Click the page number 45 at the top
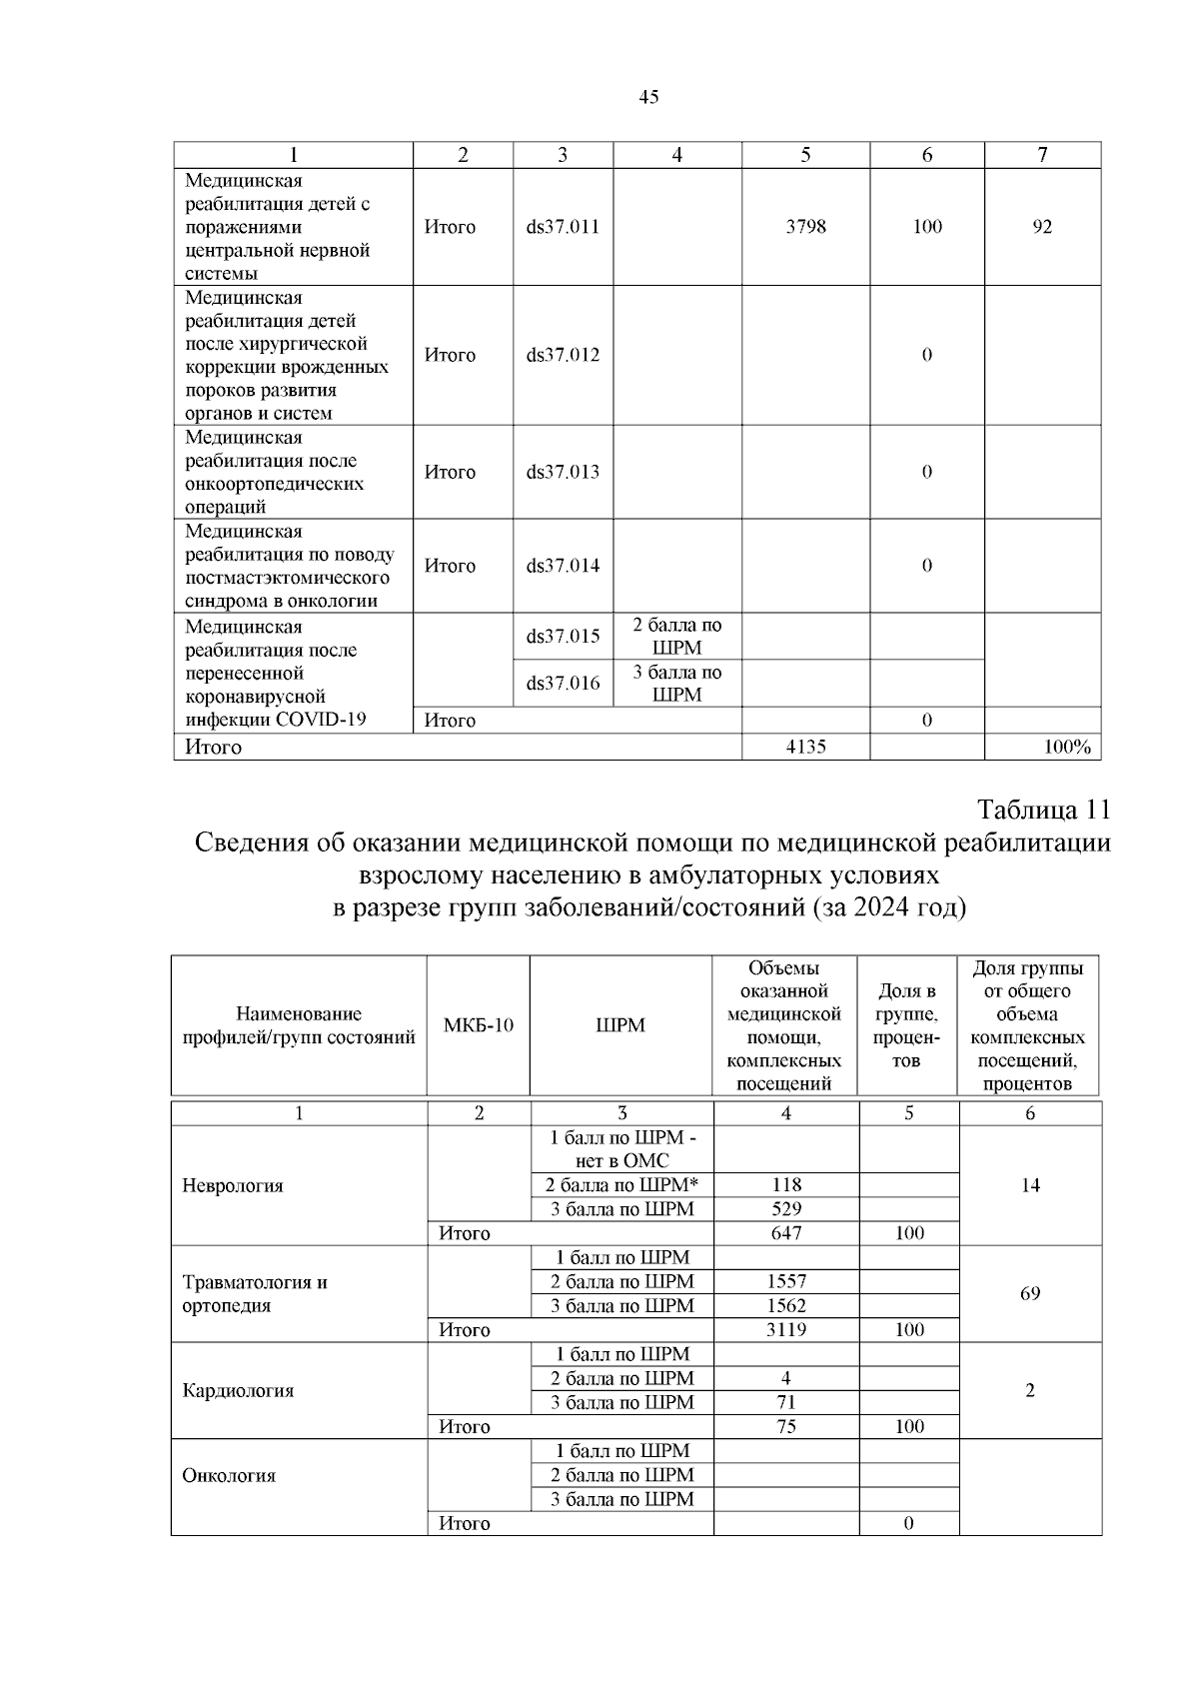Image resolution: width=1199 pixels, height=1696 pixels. (648, 97)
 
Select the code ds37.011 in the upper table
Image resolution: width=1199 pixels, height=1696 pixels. (563, 227)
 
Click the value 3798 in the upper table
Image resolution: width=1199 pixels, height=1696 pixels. (805, 227)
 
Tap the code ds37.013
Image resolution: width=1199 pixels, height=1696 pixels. (563, 472)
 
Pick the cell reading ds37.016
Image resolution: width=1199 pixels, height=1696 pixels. (563, 684)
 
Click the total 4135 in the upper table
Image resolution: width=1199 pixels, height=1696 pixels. (805, 747)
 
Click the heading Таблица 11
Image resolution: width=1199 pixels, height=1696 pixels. (1043, 808)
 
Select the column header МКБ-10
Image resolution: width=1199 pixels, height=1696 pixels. (478, 1025)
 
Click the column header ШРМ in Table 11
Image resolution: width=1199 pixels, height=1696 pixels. (620, 1025)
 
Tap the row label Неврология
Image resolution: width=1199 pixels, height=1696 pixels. (233, 1186)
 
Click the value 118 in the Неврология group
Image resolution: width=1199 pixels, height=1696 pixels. (786, 1185)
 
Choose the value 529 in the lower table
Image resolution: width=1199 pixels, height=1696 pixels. (786, 1209)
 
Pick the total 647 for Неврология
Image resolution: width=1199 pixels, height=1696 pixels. (786, 1233)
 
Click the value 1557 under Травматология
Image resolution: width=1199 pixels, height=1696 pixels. (786, 1281)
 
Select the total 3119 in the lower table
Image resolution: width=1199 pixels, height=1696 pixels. (786, 1330)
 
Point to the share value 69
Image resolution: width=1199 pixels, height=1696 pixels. (1030, 1294)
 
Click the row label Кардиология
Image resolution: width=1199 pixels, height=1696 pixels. (238, 1391)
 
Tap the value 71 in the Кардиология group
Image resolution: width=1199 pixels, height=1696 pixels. (786, 1402)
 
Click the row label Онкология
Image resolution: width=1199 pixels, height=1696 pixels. (229, 1476)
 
